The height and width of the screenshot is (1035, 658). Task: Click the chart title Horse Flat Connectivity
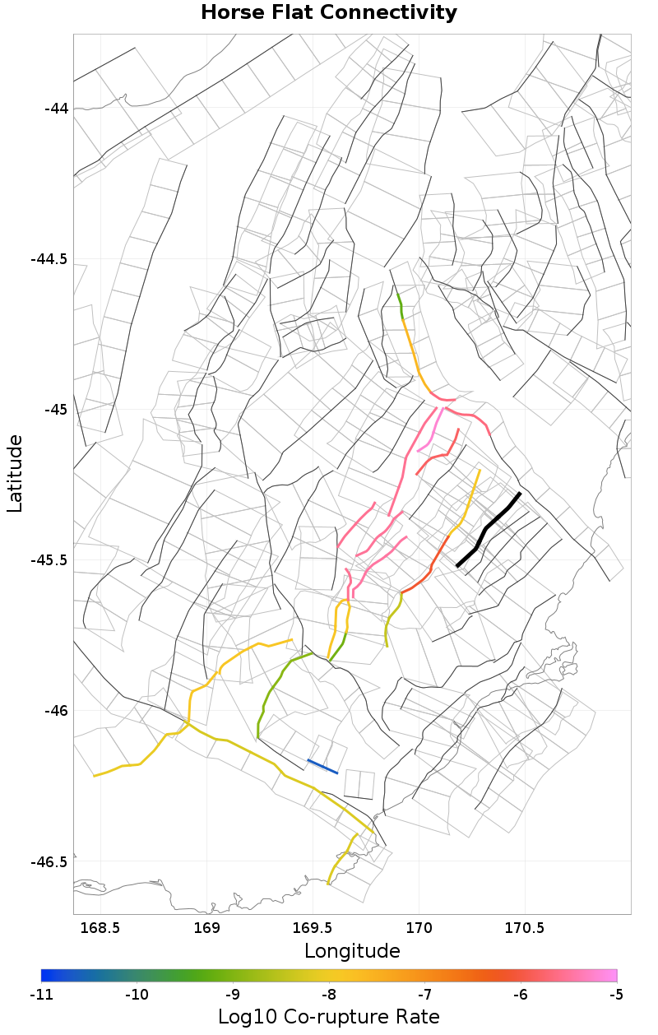coord(329,13)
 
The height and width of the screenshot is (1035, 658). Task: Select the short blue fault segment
coord(322,767)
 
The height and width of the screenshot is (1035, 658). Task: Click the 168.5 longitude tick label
coord(100,928)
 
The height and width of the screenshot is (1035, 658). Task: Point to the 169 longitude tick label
coord(206,928)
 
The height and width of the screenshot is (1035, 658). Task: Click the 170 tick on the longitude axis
coord(419,928)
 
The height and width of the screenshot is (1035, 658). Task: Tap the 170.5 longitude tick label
coord(525,928)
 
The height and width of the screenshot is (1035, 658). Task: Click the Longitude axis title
coord(352,951)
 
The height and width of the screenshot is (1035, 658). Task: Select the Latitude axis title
coord(15,474)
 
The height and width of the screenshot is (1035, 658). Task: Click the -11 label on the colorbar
coord(41,995)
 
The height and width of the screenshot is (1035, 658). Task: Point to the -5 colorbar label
coord(616,995)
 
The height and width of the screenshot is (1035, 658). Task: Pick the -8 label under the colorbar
coord(328,995)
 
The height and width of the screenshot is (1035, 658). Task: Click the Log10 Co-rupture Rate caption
coord(329,1017)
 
